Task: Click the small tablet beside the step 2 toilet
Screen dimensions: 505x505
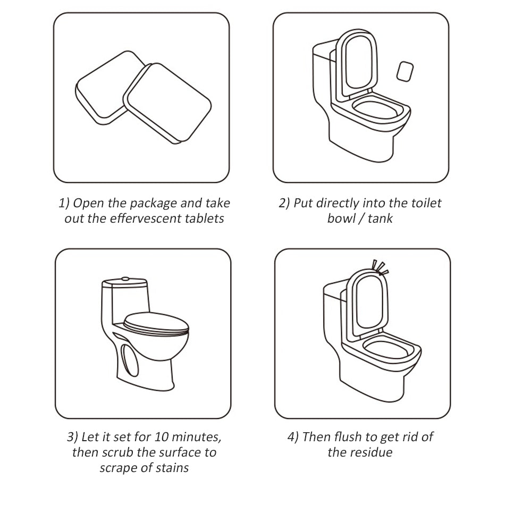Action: point(405,72)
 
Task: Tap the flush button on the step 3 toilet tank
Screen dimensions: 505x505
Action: point(125,279)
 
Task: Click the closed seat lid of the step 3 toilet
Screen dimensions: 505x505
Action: point(156,324)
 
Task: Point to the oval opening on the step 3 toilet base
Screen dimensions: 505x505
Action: point(130,360)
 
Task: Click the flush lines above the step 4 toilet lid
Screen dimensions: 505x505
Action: point(380,268)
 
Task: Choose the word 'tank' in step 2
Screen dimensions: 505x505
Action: point(380,218)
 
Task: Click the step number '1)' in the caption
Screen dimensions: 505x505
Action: point(64,204)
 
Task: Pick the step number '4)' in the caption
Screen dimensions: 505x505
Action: point(293,437)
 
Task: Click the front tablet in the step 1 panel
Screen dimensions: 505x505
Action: point(167,103)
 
